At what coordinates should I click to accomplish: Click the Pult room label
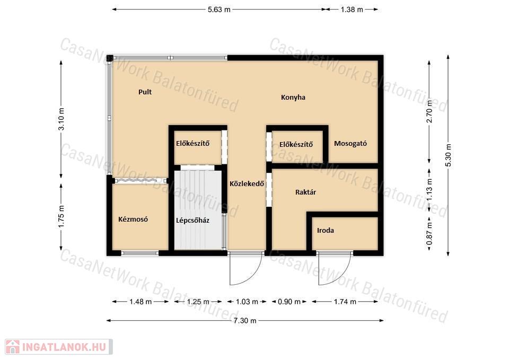(x=145, y=92)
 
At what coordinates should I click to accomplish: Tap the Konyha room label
(x=293, y=97)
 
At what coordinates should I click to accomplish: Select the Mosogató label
(x=350, y=144)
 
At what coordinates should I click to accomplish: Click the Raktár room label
(x=305, y=192)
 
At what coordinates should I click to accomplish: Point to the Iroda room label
(x=325, y=231)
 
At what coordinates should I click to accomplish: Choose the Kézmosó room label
(x=133, y=219)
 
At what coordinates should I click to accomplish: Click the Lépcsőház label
(x=192, y=221)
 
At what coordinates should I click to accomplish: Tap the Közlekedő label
(x=247, y=184)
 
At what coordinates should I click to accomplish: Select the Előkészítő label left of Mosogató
(x=296, y=144)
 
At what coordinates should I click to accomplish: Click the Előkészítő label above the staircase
(x=192, y=143)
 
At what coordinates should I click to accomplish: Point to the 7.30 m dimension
(x=245, y=321)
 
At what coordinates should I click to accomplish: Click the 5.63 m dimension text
(x=219, y=10)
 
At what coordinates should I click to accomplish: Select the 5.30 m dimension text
(x=448, y=155)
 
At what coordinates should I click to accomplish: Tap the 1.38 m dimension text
(x=352, y=10)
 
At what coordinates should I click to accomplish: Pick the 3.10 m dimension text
(x=61, y=119)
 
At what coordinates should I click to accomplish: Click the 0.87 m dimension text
(x=429, y=233)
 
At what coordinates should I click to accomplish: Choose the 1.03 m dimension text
(x=247, y=302)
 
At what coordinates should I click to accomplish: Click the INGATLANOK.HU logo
(x=59, y=347)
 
